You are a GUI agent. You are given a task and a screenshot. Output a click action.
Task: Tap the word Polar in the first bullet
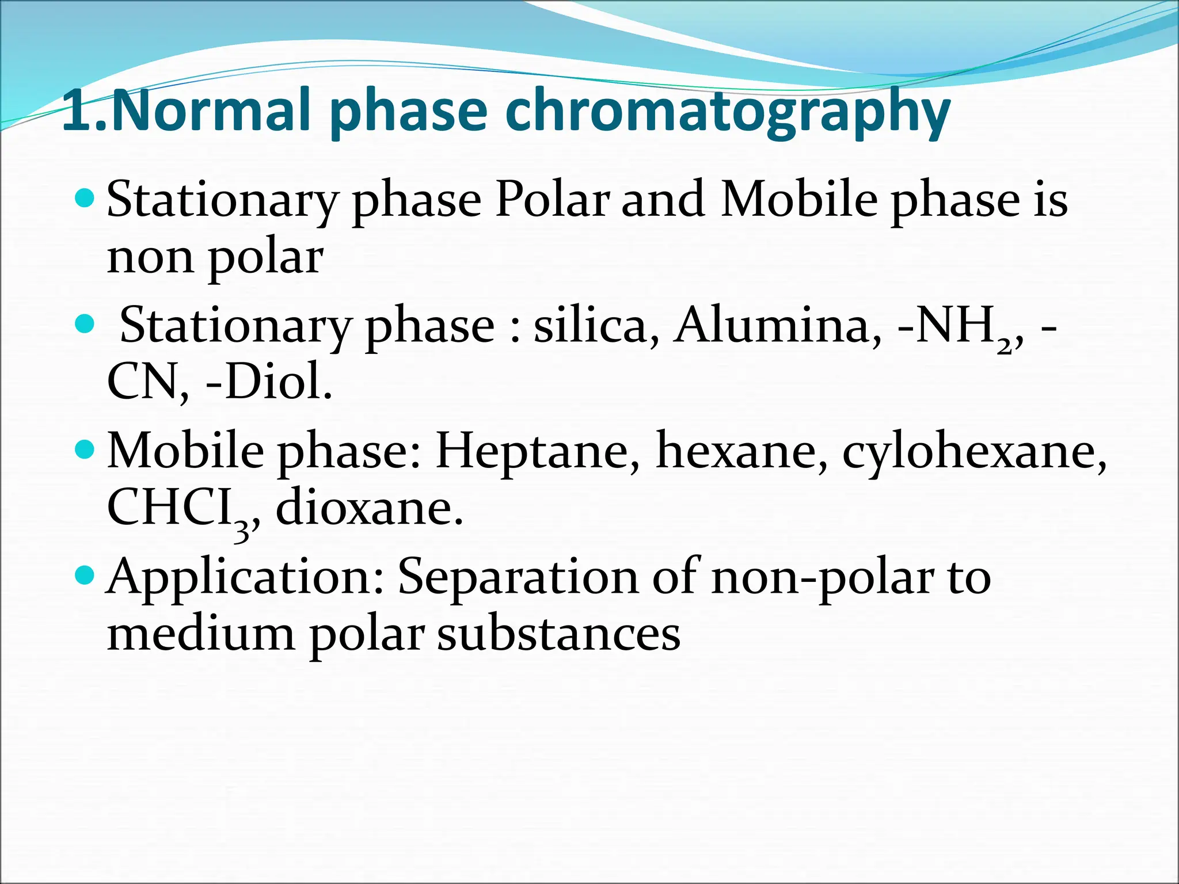pyautogui.click(x=552, y=199)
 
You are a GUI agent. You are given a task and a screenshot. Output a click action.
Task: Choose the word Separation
pyautogui.click(x=518, y=577)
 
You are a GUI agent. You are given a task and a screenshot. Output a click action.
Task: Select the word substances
pyautogui.click(x=558, y=634)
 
